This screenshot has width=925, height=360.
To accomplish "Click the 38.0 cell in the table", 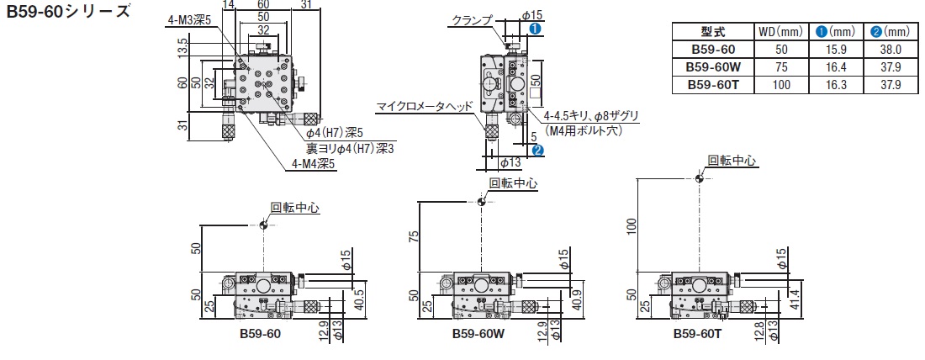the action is [x=891, y=50].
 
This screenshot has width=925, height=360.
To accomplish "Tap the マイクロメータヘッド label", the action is [x=425, y=106].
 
